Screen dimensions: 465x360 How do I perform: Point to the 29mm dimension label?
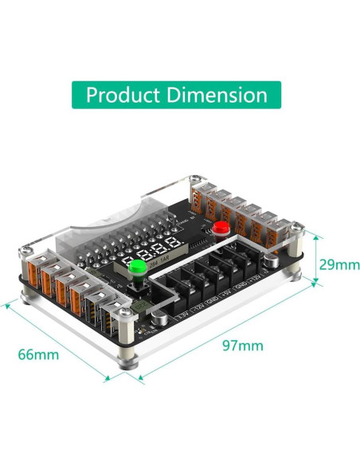[x=338, y=264]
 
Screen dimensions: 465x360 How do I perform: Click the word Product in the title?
[x=122, y=96]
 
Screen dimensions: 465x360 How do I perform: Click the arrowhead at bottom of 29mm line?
[x=317, y=283]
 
